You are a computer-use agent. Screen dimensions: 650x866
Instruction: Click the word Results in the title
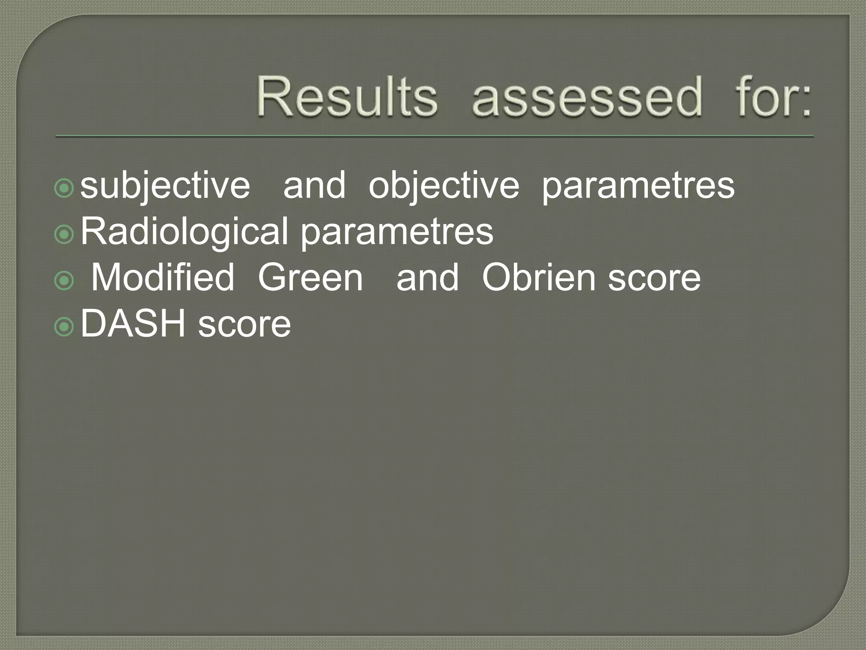[x=347, y=96]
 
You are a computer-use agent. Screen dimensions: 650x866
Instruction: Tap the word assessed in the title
[x=587, y=96]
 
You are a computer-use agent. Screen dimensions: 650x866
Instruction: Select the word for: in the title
[x=773, y=96]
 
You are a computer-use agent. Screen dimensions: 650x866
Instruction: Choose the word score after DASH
[x=244, y=325]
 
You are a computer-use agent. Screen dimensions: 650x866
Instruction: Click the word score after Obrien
[x=654, y=278]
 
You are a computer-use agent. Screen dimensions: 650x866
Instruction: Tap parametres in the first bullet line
[x=638, y=186]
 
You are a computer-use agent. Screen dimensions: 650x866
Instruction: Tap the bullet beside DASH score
[x=64, y=326]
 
